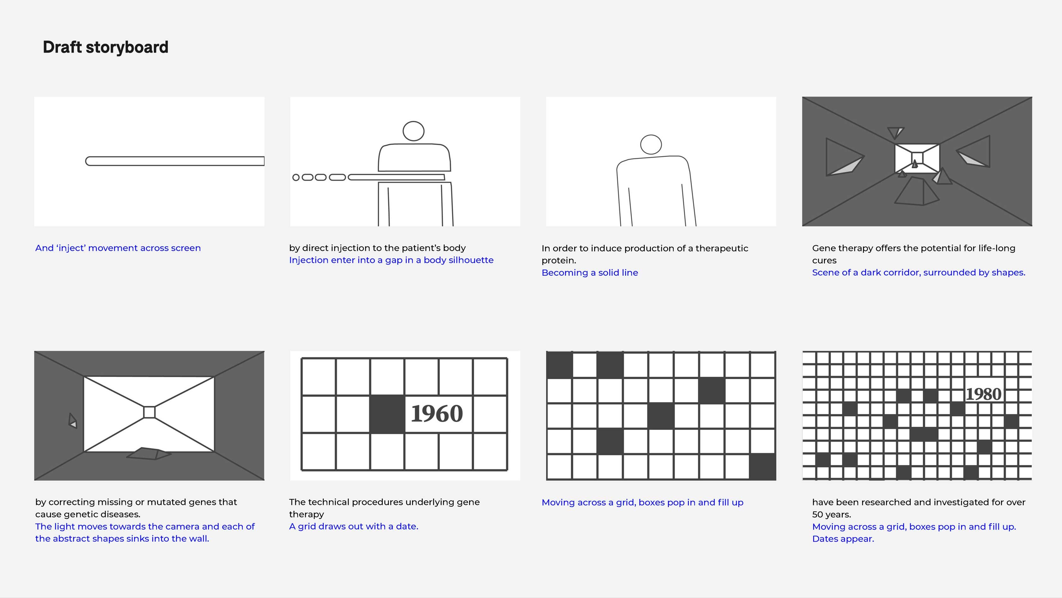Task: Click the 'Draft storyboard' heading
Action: [106, 47]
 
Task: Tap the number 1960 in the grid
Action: [437, 414]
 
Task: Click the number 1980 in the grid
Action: [984, 394]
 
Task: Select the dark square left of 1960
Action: [387, 414]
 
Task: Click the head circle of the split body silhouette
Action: [413, 131]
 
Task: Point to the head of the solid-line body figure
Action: [651, 145]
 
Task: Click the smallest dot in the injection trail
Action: [296, 178]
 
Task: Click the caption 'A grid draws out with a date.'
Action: [353, 526]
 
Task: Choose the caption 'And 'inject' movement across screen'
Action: [118, 248]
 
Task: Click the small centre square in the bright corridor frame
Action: [149, 412]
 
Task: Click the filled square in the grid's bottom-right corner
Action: [762, 467]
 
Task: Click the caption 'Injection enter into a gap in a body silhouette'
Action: [391, 260]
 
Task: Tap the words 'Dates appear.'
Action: [843, 539]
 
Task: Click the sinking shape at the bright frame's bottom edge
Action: [149, 453]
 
